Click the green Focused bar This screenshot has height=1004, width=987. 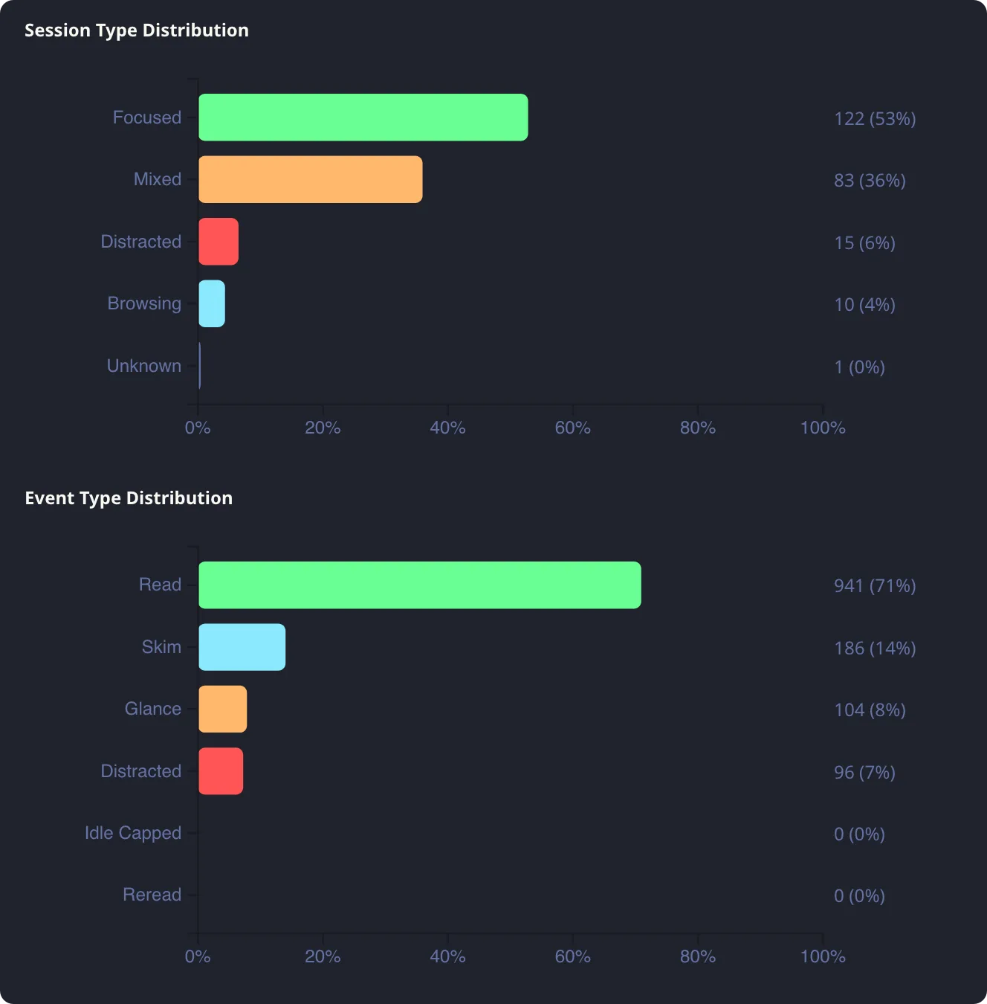pyautogui.click(x=363, y=118)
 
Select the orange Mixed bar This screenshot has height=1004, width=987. pyautogui.click(x=310, y=179)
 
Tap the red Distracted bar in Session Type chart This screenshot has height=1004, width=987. pyautogui.click(x=219, y=242)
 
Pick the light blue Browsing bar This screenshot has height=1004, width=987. pyautogui.click(x=212, y=303)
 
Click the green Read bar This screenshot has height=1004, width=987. pyautogui.click(x=419, y=585)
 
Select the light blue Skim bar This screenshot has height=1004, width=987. pyautogui.click(x=242, y=647)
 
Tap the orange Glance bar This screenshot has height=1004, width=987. pyautogui.click(x=222, y=709)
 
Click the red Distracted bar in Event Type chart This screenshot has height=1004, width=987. pyautogui.click(x=221, y=771)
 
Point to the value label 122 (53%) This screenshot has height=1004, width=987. pyautogui.click(x=874, y=119)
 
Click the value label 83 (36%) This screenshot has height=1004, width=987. pyautogui.click(x=869, y=181)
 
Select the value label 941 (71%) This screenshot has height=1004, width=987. pyautogui.click(x=874, y=586)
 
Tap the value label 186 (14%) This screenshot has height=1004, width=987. pyautogui.click(x=874, y=649)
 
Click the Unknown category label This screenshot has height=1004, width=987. pyautogui.click(x=144, y=366)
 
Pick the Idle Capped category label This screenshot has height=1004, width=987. pyautogui.click(x=133, y=833)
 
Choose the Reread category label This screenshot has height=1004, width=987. pyautogui.click(x=152, y=895)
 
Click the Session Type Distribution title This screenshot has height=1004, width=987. pyautogui.click(x=137, y=30)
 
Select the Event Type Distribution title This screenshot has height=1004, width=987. pyautogui.click(x=129, y=498)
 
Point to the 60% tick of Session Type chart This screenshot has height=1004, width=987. pyautogui.click(x=572, y=428)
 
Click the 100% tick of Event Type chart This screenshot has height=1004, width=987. pyautogui.click(x=822, y=956)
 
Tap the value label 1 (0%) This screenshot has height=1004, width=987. pyautogui.click(x=858, y=367)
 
